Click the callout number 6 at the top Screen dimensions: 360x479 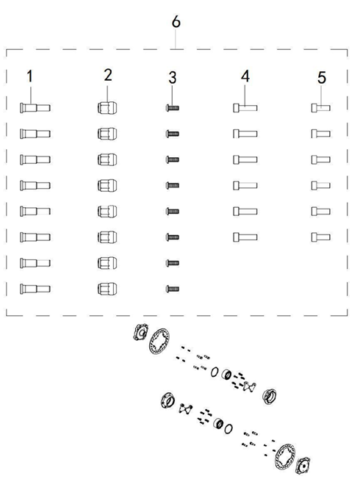click(x=176, y=22)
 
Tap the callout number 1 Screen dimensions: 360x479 click(x=29, y=76)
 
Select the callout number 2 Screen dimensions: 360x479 click(x=108, y=75)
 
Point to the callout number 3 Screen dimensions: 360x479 click(x=173, y=78)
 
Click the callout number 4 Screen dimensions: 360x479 click(x=245, y=76)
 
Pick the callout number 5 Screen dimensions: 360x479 click(x=322, y=78)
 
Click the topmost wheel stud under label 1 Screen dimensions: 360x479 click(x=35, y=108)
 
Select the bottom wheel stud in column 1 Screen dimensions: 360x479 click(x=35, y=289)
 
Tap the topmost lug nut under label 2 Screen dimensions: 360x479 click(x=107, y=108)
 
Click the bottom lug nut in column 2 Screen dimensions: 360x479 click(x=107, y=289)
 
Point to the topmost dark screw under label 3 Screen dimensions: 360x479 click(x=173, y=108)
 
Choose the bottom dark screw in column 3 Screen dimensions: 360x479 click(x=173, y=289)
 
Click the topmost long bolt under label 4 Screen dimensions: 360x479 click(x=245, y=108)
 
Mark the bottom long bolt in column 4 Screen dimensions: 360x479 click(x=245, y=237)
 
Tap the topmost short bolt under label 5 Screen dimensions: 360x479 click(x=321, y=108)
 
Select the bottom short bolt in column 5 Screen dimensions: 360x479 click(x=321, y=237)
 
